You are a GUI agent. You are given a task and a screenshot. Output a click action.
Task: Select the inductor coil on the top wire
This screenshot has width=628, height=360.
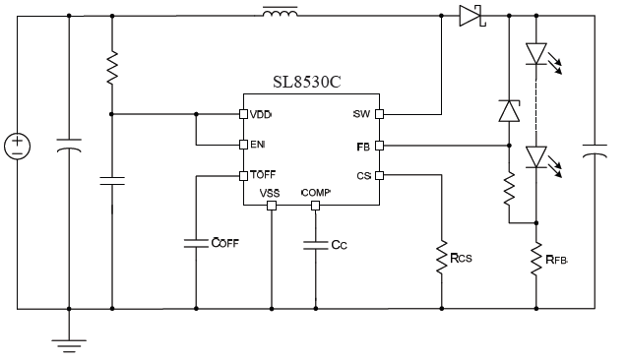pos(282,14)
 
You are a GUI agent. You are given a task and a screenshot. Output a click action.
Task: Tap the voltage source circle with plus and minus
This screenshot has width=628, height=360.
pos(17,148)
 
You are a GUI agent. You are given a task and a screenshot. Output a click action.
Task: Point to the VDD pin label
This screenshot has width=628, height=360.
pos(261,114)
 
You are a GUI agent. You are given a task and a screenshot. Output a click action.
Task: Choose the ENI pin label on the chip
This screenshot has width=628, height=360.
pos(258,145)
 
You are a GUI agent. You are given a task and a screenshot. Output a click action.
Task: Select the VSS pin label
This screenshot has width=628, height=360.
pos(271,193)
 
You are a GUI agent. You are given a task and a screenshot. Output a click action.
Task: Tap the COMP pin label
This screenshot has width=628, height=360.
pos(316,193)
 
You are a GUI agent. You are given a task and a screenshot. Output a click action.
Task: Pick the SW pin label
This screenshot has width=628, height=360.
pos(360,114)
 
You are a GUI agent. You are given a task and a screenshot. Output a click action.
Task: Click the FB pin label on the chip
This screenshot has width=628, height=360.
pos(363,146)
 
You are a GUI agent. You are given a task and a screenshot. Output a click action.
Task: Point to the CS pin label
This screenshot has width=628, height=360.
pos(362,176)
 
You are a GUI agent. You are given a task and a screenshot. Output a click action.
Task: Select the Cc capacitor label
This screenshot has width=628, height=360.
pos(340,244)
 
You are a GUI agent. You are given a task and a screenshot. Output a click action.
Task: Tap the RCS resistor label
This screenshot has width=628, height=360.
pos(462,259)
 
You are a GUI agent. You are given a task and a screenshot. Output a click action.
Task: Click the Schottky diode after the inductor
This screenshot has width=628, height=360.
pos(470,16)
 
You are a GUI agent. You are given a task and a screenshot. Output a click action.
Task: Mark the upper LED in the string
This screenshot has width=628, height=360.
pos(536,54)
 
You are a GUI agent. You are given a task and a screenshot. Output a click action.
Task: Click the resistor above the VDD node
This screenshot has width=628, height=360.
pos(112,67)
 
